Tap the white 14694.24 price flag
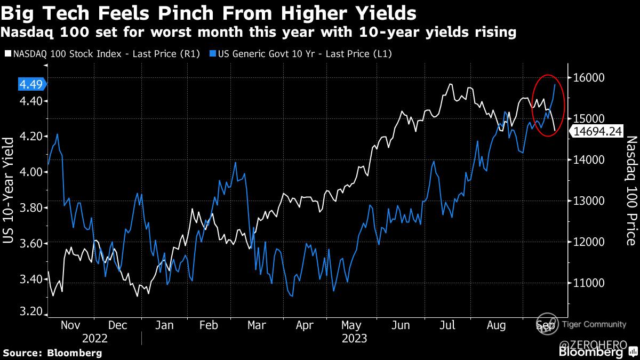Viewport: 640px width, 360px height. pos(598,132)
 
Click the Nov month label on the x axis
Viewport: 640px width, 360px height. pos(71,325)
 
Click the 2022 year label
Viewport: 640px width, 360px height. pos(95,338)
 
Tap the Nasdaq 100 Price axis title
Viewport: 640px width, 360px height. pos(631,190)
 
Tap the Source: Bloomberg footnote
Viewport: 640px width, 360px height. pos(52,353)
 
